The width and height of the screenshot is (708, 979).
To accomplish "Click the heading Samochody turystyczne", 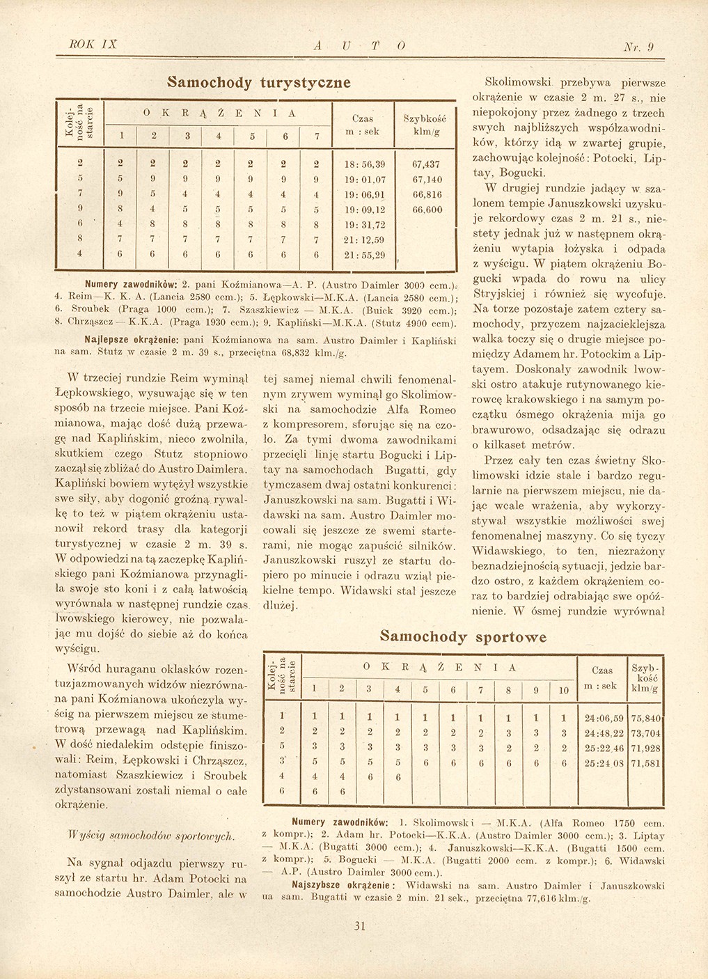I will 258,81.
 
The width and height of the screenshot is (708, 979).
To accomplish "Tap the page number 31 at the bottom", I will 360,925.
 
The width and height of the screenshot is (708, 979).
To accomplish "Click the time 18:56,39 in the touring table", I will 366,164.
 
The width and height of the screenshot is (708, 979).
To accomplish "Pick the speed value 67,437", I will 426,164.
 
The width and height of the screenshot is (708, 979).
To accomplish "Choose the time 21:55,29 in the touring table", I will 366,255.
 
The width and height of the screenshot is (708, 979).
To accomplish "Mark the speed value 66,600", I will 426,210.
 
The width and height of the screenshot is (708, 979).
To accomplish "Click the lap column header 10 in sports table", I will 564,690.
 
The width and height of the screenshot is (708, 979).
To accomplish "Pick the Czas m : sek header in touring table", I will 363,125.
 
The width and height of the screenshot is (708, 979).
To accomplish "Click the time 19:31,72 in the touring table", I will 366,224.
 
